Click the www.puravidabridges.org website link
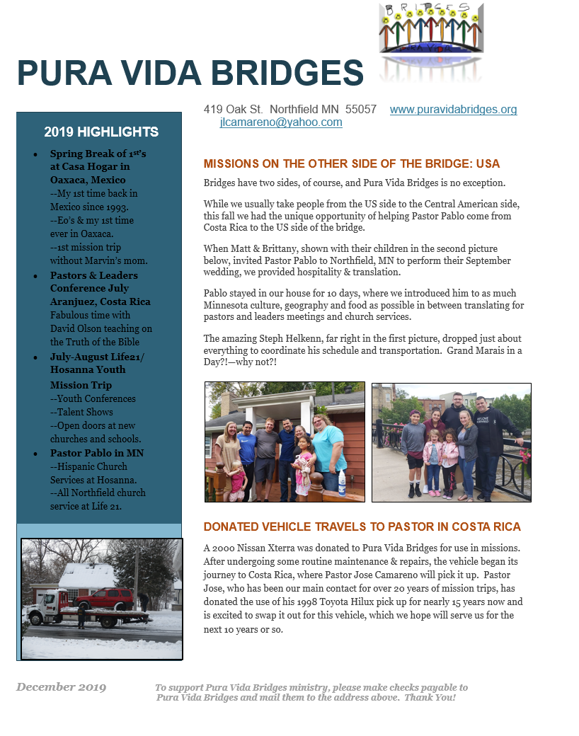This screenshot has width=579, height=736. [x=453, y=110]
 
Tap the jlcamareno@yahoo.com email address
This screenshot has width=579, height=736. [x=281, y=122]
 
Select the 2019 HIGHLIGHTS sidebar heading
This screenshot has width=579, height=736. [x=101, y=132]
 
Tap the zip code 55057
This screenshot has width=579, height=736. [x=361, y=110]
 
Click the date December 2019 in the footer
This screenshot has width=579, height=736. [x=62, y=687]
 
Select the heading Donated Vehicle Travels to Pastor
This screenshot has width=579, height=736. [x=362, y=527]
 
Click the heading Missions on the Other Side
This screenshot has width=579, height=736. [x=351, y=164]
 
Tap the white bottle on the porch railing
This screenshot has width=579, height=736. [x=341, y=483]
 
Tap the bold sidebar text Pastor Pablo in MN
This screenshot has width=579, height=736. [x=96, y=453]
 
